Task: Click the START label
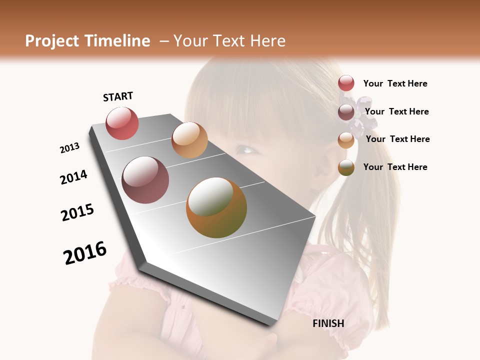coord(118,96)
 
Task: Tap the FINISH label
coord(328,323)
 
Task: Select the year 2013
coord(69,148)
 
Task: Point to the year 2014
coord(73,177)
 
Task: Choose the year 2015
coord(77,212)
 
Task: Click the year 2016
coord(85,253)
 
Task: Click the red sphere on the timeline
coord(122,123)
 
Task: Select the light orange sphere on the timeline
coord(189,140)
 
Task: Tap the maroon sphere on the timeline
coord(145,180)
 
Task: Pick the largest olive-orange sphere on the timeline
coord(216,207)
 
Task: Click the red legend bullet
coord(346,83)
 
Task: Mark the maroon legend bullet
coord(346,111)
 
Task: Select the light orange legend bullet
coord(346,139)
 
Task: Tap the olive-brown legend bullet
coord(346,167)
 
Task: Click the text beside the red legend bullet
coord(395,83)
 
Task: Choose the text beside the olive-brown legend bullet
coord(395,167)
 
